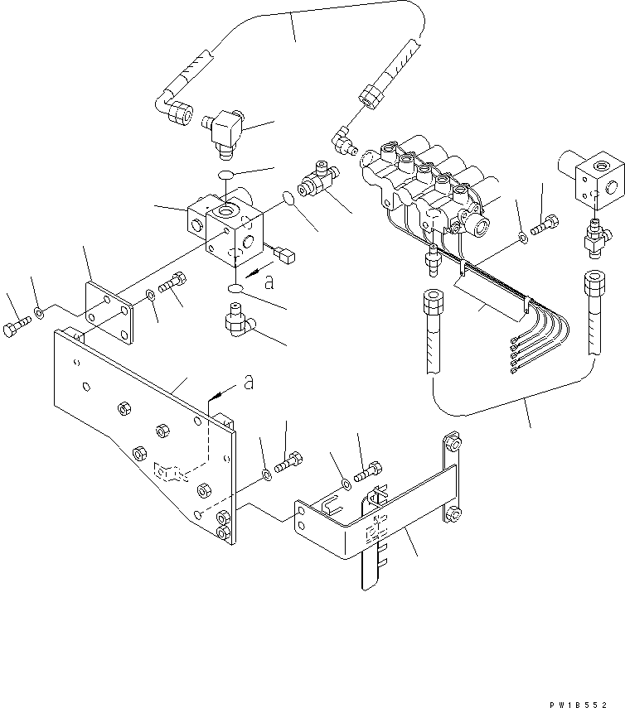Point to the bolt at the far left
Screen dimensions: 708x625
[x=17, y=330]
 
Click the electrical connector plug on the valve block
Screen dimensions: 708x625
[x=286, y=257]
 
